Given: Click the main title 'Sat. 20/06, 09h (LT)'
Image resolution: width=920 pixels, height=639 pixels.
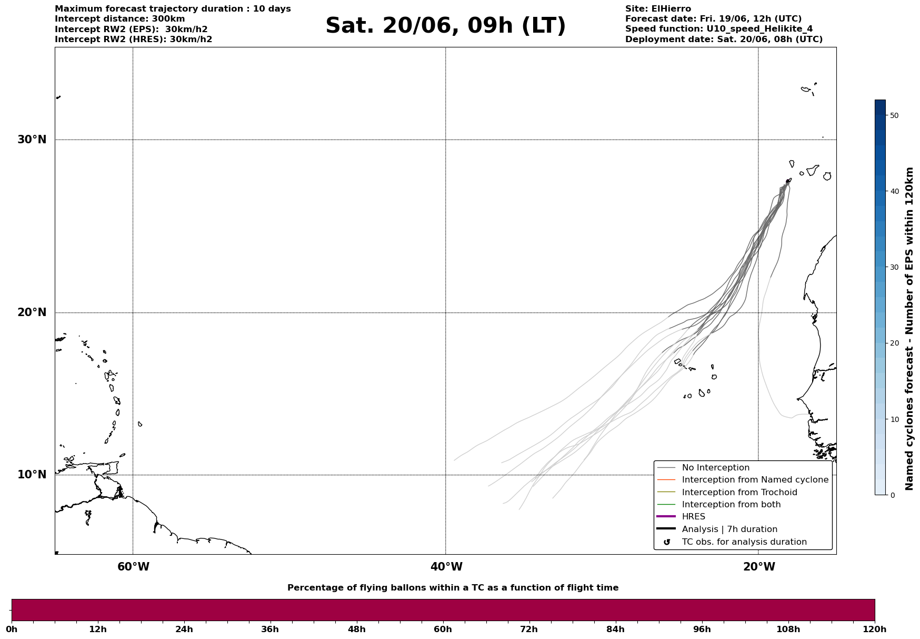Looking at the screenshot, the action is point(445,26).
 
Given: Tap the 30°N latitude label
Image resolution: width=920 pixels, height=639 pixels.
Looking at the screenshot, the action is point(32,140).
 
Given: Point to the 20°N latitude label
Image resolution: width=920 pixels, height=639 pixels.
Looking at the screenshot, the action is point(32,312).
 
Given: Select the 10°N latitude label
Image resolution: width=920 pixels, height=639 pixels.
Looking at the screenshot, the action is point(32,475).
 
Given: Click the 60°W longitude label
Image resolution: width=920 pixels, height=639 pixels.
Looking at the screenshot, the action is point(133,567).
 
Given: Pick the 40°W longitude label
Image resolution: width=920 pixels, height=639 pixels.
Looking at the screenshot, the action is point(446,567).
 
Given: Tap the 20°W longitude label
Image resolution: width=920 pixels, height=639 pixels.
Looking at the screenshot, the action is point(759,567).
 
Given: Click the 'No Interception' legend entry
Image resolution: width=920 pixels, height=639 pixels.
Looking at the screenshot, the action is point(715,468).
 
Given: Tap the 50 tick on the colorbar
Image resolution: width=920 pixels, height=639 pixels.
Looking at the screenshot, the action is point(894,115).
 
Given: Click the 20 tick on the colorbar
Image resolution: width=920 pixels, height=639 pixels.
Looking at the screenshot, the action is point(894,343).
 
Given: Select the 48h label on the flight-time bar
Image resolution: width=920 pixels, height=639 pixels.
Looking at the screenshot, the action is point(356,630).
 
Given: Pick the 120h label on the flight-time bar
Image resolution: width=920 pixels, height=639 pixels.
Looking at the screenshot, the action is point(874,630).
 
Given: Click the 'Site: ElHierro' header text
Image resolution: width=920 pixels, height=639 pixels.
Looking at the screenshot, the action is point(658,9).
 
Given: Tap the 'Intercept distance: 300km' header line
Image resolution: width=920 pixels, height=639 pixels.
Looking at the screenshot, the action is point(120,19).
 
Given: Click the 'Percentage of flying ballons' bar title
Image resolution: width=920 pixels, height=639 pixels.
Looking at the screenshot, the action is point(453,588).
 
